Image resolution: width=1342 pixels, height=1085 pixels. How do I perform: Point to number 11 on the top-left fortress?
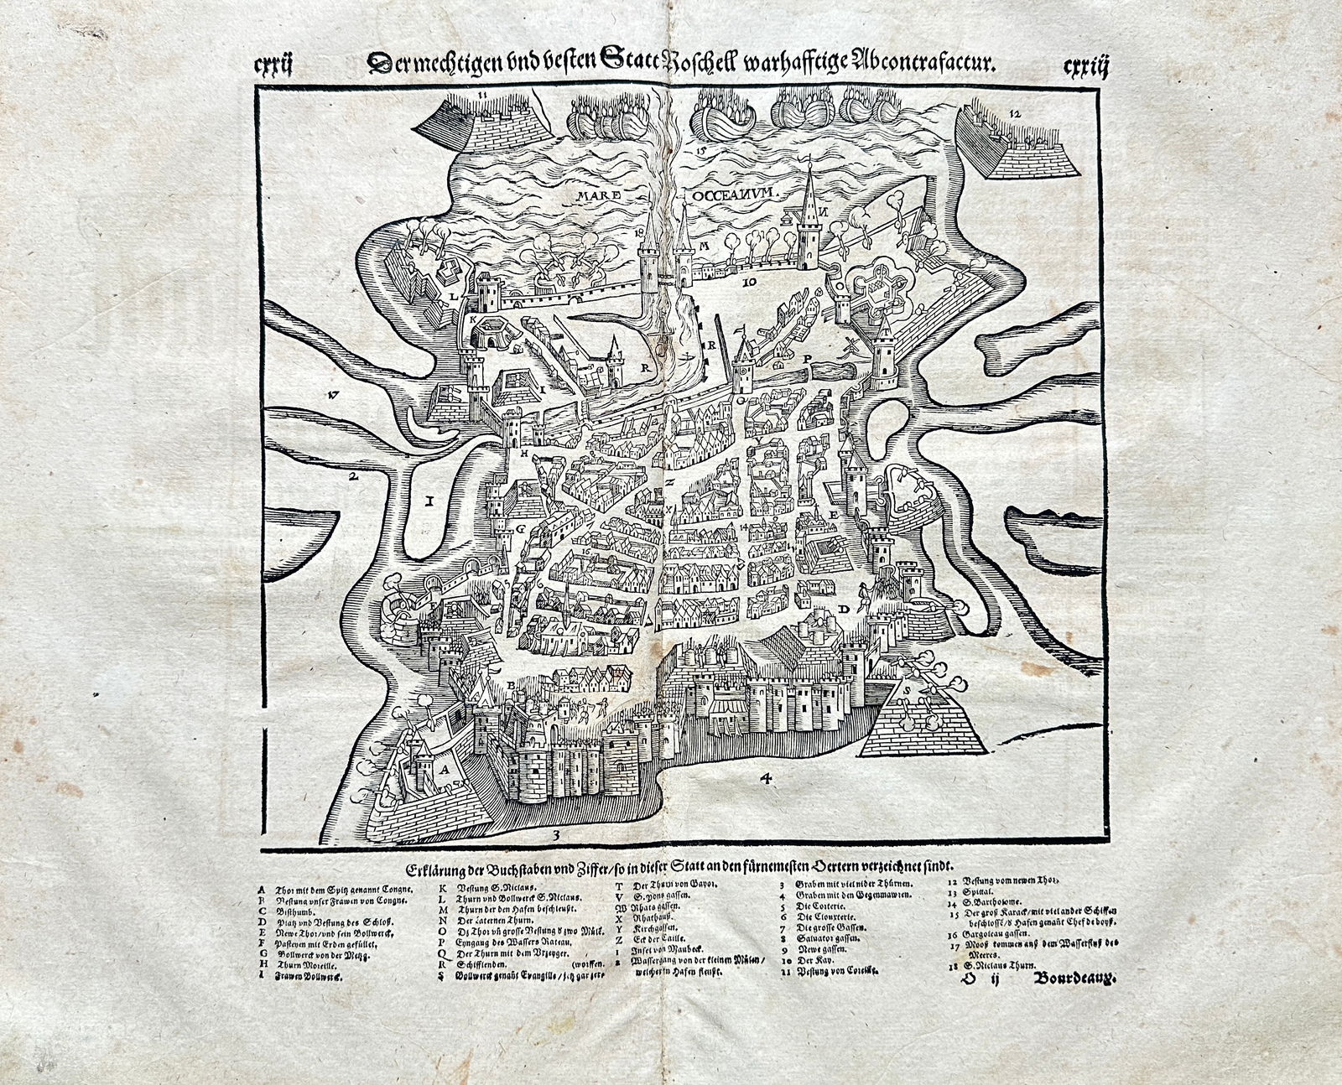point(482,96)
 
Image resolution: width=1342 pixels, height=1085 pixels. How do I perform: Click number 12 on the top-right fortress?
point(1015,112)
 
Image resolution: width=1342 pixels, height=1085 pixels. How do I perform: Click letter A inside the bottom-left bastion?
point(443,766)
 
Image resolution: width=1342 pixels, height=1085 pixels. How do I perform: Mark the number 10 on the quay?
point(750,283)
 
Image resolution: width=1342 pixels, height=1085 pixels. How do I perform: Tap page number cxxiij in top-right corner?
point(1085,65)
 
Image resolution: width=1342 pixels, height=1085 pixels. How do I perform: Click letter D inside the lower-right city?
point(845,608)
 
